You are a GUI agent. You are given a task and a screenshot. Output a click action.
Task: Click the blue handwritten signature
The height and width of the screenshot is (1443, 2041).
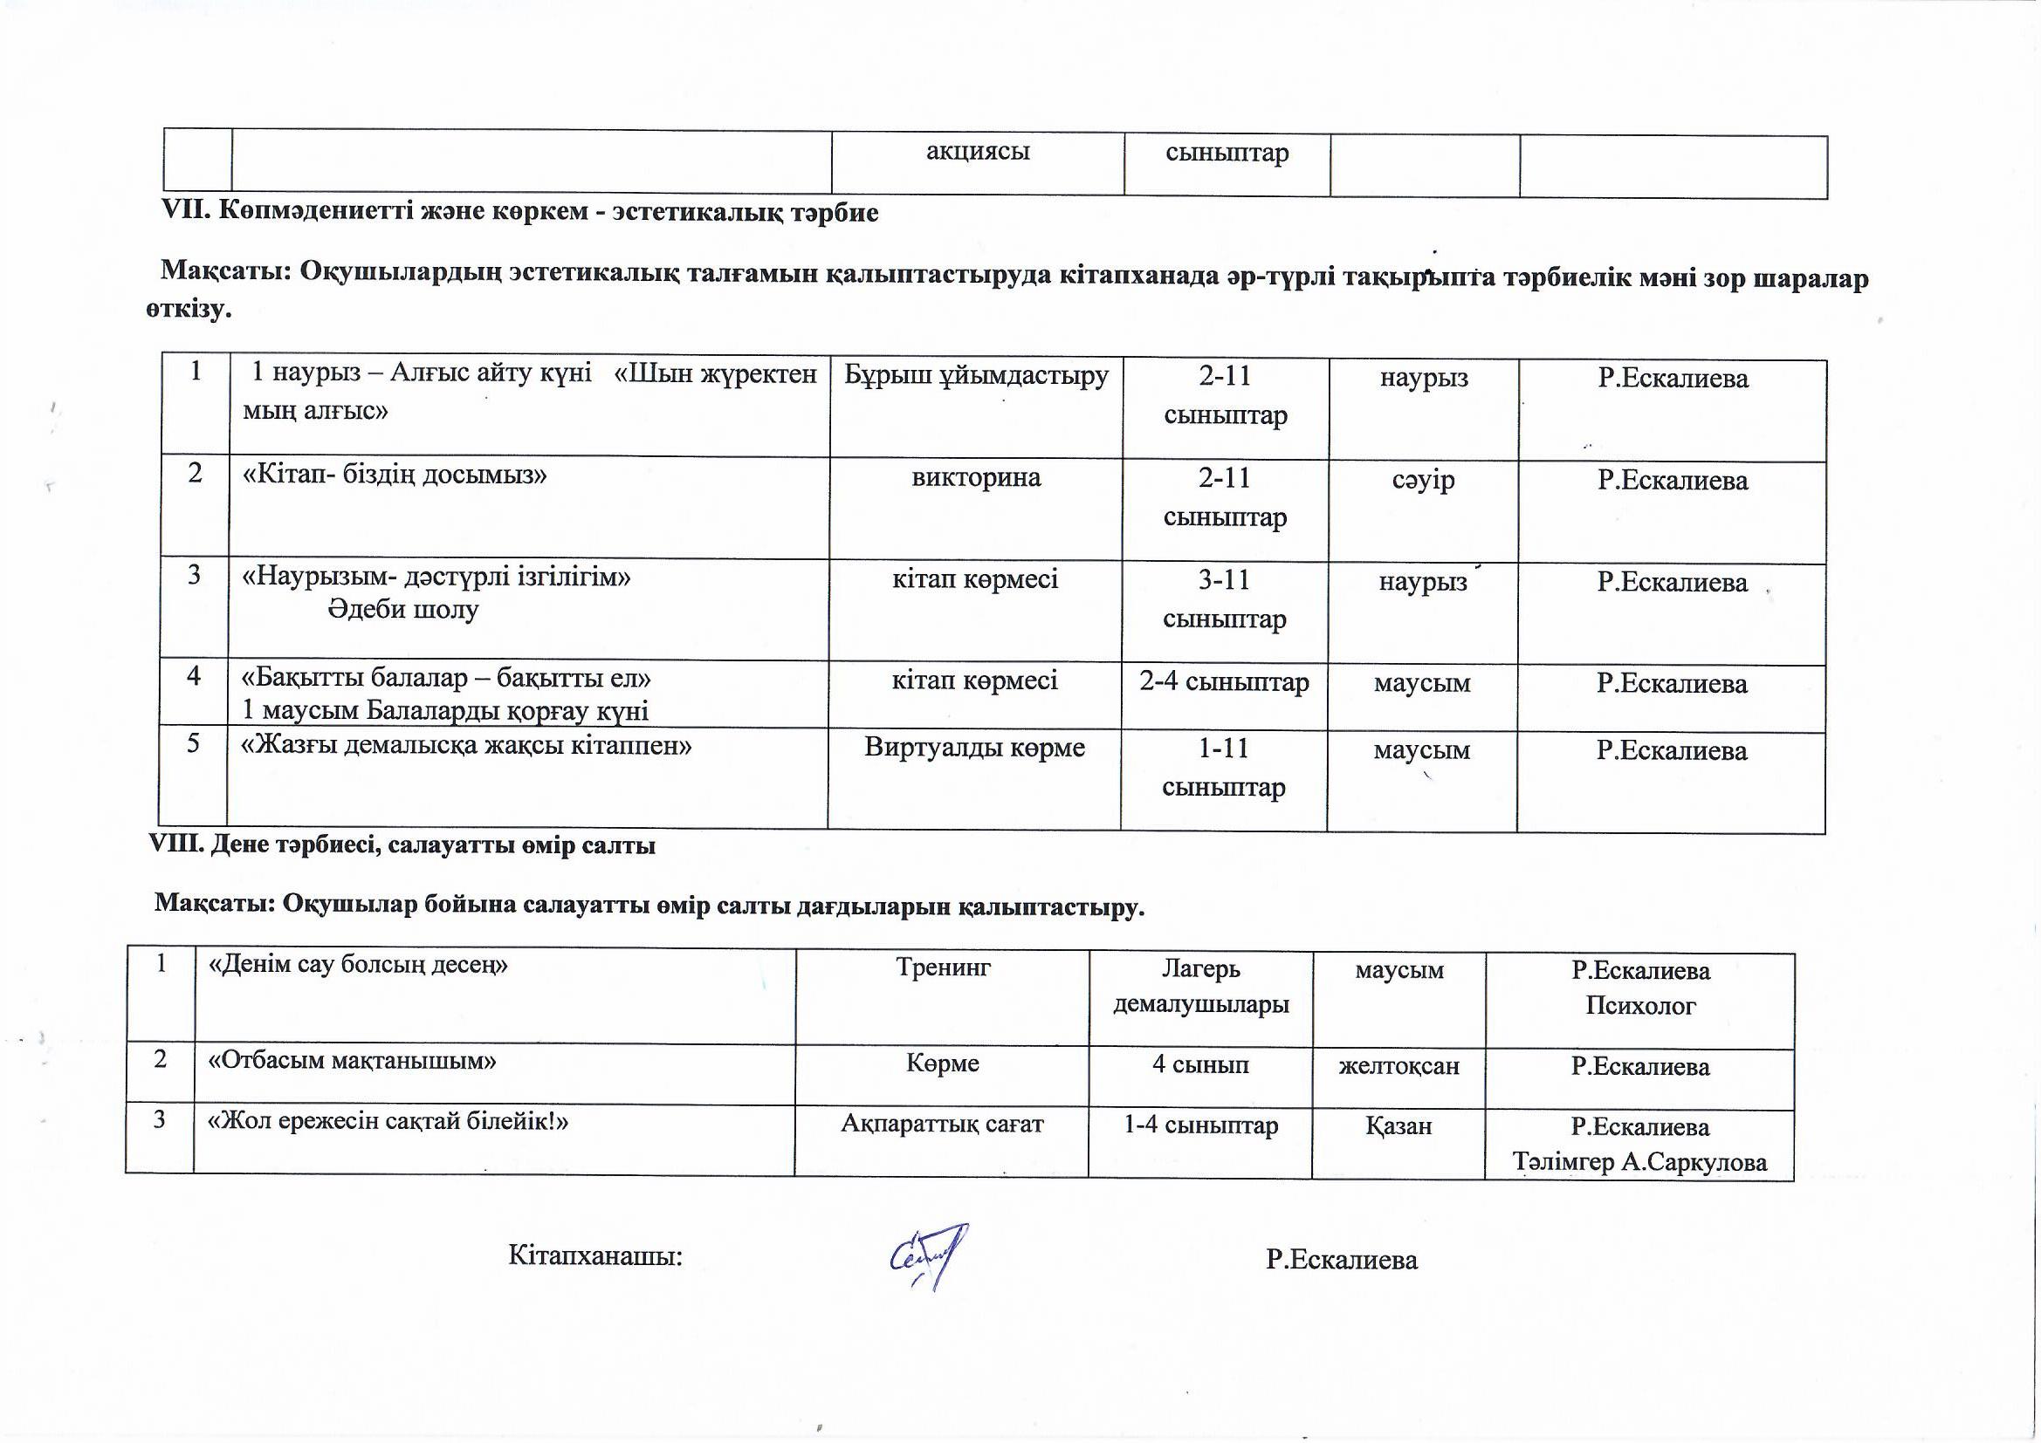928,1254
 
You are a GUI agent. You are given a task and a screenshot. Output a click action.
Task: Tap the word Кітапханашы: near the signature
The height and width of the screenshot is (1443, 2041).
594,1255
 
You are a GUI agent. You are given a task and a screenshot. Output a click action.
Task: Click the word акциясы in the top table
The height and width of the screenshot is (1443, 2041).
977,151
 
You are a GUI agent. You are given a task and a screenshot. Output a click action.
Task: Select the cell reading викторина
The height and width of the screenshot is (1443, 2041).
976,478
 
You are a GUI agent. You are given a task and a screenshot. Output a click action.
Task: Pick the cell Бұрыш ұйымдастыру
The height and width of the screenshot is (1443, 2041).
976,376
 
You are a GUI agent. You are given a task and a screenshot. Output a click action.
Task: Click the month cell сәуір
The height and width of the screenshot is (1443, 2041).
1422,480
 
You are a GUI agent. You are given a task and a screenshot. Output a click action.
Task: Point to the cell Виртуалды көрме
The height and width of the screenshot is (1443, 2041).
974,748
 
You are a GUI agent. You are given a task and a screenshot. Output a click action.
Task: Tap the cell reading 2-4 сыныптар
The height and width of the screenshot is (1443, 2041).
1224,682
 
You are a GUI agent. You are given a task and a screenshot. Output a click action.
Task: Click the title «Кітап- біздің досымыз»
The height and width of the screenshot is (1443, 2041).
395,475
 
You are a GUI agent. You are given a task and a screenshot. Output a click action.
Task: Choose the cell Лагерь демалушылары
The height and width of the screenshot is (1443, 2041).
1201,987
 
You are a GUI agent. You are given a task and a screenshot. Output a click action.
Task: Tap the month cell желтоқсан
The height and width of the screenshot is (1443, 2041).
1398,1065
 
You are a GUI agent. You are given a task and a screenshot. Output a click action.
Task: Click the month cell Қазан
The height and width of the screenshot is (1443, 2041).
1398,1125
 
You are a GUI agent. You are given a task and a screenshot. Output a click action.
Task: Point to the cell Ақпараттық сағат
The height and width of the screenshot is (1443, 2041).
942,1124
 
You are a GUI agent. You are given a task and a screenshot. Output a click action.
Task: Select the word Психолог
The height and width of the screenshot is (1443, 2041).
1640,1006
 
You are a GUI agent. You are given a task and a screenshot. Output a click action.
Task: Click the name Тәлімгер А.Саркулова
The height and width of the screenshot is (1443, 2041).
1639,1162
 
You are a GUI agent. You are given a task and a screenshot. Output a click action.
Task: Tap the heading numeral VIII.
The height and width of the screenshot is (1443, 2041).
178,845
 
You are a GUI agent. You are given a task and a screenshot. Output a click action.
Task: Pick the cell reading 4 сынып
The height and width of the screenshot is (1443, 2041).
1200,1063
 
